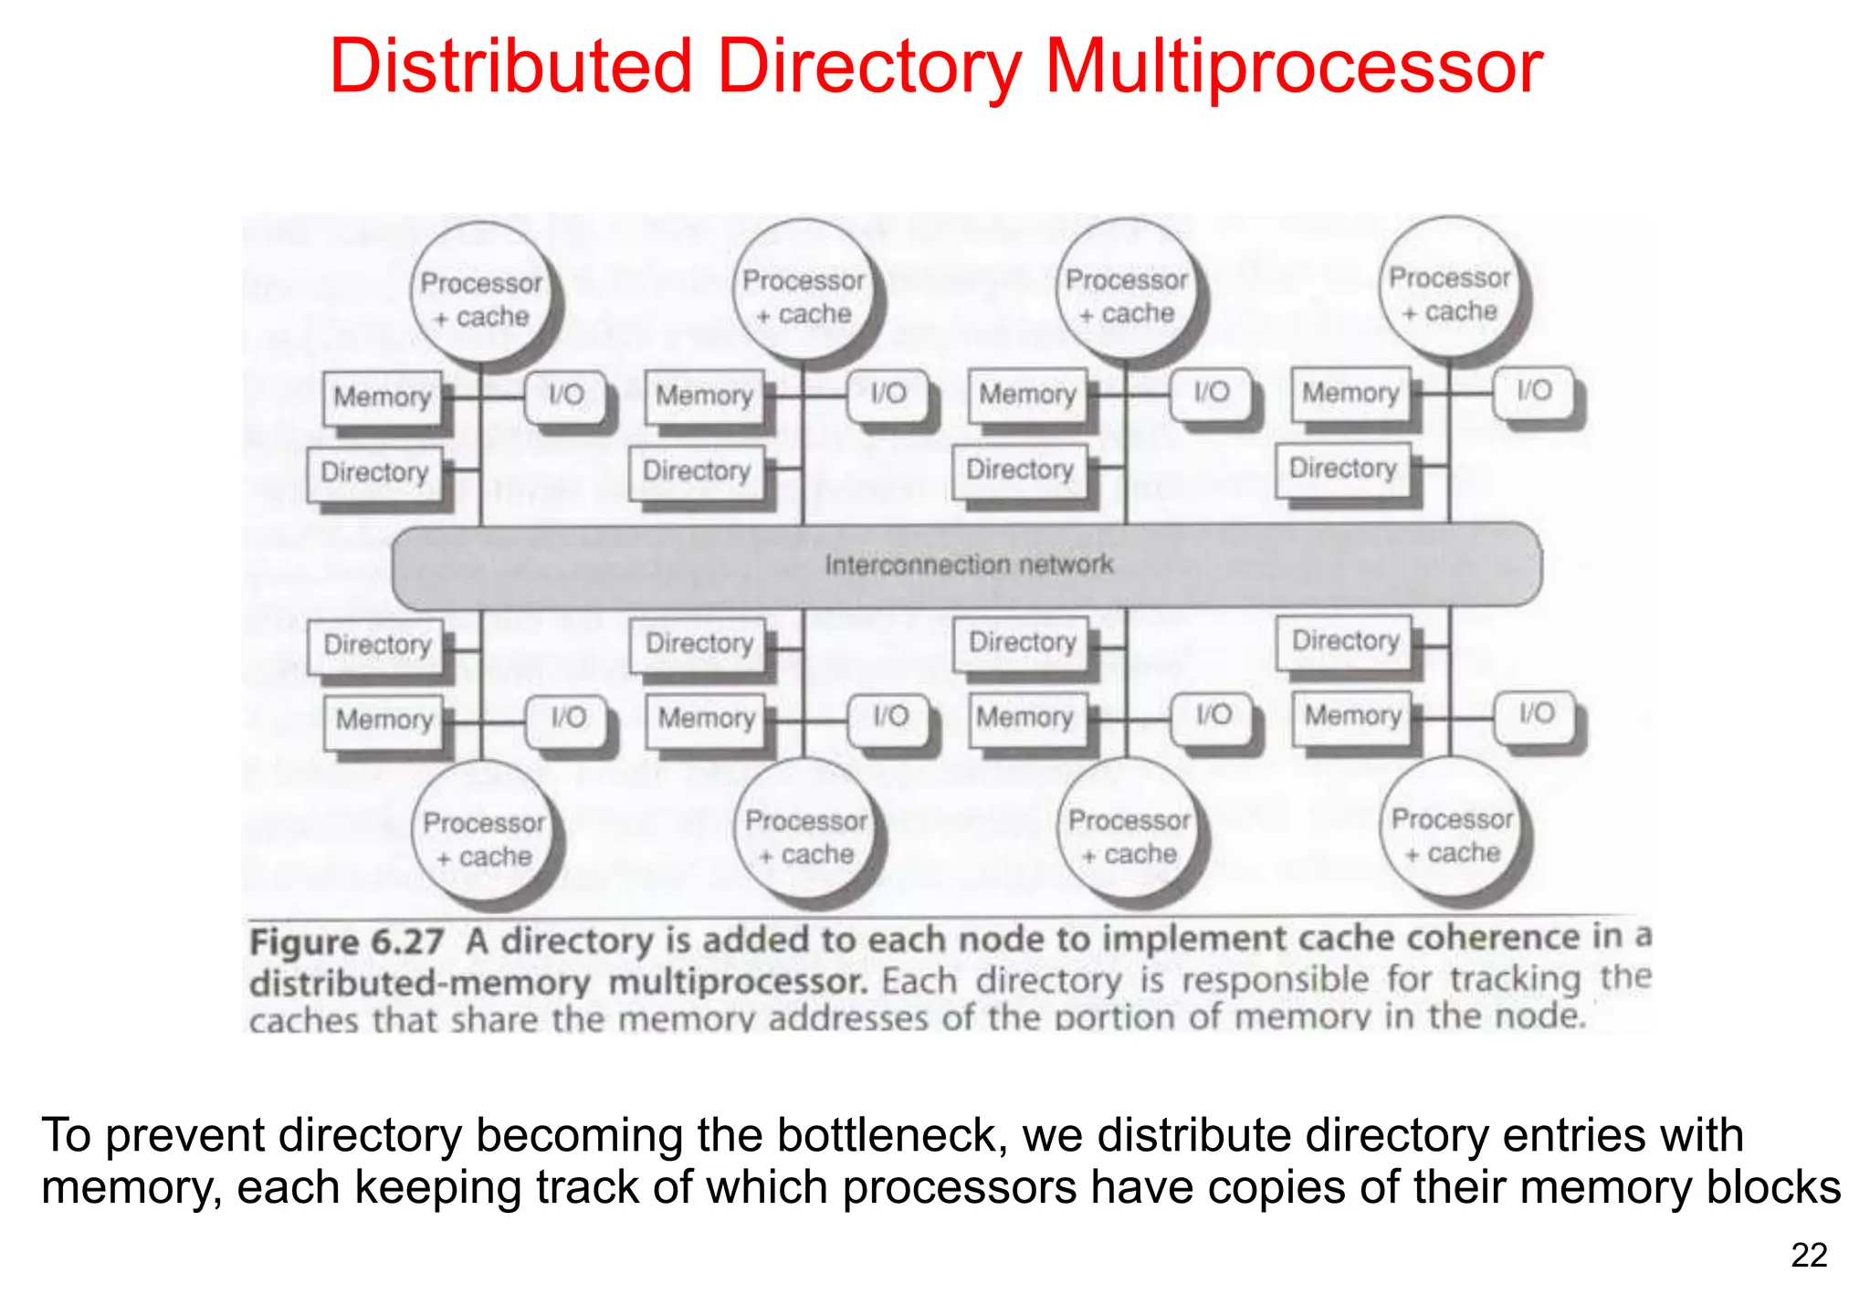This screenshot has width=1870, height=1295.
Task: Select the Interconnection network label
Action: (969, 564)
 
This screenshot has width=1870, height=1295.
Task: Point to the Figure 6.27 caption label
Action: (347, 942)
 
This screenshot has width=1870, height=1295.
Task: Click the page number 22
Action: (1809, 1256)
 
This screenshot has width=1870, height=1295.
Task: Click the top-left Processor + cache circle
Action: (481, 299)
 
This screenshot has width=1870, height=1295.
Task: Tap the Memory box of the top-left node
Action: (382, 397)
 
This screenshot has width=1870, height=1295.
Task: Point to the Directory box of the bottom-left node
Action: (376, 645)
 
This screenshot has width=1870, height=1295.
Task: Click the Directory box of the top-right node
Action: (1342, 469)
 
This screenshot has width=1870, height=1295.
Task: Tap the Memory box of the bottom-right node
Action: (1352, 716)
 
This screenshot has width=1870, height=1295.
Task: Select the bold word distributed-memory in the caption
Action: (420, 983)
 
